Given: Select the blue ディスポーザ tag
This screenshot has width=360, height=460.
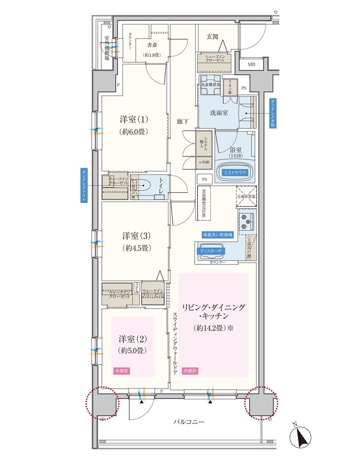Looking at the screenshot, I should click(211, 251).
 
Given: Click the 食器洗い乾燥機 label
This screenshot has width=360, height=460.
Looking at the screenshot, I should click(218, 234).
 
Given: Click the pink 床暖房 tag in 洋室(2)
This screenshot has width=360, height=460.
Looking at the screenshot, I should click(119, 370).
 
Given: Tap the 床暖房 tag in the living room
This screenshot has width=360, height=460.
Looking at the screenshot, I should click(190, 371).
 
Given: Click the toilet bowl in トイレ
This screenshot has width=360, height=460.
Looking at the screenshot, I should click(145, 186).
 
